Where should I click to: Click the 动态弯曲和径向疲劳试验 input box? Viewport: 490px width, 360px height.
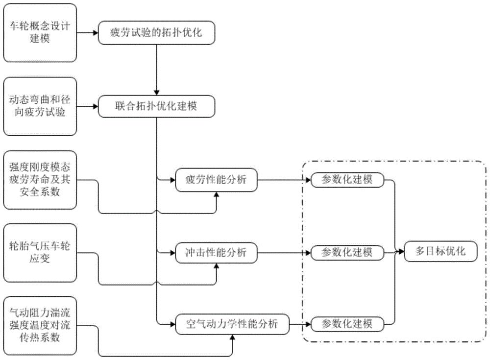pos(40,106)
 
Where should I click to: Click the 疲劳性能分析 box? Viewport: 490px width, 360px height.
pos(216,180)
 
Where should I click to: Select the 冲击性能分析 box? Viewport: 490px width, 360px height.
pos(216,253)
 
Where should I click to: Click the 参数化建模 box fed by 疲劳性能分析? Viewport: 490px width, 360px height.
pos(347,179)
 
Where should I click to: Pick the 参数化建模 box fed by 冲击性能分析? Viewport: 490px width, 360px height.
pos(347,253)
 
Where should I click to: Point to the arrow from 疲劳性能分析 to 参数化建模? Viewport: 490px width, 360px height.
pos(284,180)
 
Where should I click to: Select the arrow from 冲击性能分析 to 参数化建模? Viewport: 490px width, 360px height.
pos(284,253)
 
